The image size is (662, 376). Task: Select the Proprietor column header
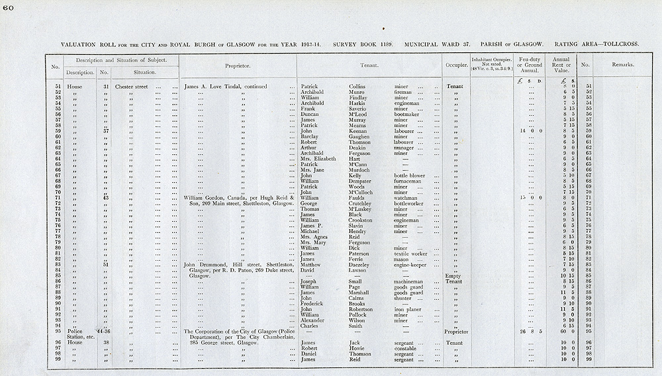237,66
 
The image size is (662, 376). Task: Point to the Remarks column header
622,65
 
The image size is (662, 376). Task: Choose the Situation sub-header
144,71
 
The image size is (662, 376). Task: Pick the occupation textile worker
412,254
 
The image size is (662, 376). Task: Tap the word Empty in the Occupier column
453,276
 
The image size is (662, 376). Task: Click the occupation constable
406,348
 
